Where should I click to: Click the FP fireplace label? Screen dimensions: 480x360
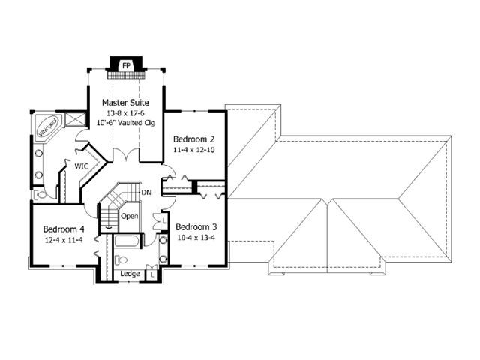(x=126, y=65)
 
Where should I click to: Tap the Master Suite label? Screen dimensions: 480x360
(x=125, y=102)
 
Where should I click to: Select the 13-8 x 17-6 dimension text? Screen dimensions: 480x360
(x=125, y=113)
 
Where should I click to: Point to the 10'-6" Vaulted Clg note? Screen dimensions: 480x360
(x=125, y=123)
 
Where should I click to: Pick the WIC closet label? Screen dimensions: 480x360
(x=82, y=166)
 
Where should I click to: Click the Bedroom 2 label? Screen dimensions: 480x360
(x=193, y=139)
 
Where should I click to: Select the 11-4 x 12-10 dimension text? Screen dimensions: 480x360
(x=193, y=150)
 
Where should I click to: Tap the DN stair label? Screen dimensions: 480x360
(x=146, y=193)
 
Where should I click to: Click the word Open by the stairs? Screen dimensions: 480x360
(x=130, y=217)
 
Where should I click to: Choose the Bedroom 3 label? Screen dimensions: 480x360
(x=196, y=226)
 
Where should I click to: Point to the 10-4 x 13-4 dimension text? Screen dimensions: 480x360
(x=196, y=238)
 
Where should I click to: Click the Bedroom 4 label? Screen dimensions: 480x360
(x=64, y=229)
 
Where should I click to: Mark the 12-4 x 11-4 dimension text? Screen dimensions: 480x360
(x=64, y=240)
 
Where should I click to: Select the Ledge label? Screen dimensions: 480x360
(x=130, y=273)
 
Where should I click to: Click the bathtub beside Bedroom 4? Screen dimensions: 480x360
(x=127, y=241)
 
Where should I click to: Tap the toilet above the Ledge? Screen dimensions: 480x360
(x=121, y=260)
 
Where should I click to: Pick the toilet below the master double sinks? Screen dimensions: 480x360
(x=40, y=194)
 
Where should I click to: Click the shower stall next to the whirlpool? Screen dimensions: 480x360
(x=75, y=119)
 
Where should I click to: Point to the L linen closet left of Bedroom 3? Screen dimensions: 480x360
(x=164, y=220)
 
